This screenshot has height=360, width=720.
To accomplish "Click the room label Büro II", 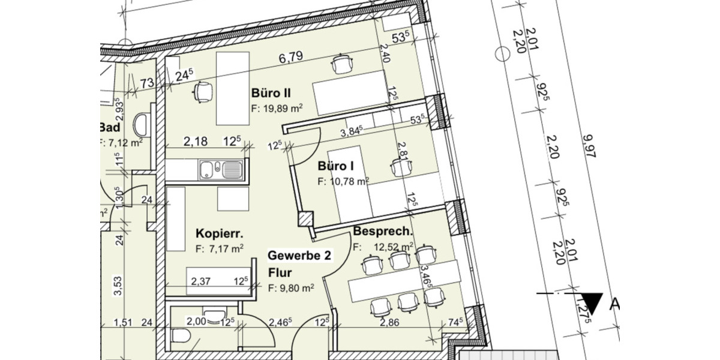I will [x=271, y=94].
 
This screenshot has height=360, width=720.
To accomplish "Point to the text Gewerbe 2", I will [x=299, y=256].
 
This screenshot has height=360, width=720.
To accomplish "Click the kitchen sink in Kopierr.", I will [x=221, y=169].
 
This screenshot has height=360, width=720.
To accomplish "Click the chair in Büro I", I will [x=400, y=167].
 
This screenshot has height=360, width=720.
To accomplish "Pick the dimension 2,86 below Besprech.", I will [x=391, y=323].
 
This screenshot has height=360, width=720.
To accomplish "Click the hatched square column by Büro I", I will [x=305, y=220].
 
